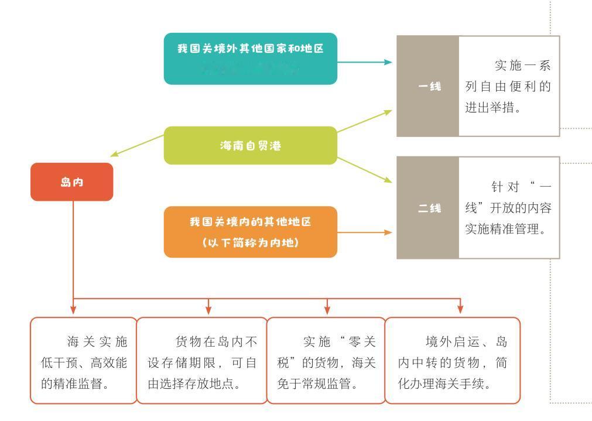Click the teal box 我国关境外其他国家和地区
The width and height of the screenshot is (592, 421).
250,59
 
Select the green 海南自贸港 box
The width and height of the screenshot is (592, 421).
250,145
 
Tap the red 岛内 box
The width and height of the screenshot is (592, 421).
71,182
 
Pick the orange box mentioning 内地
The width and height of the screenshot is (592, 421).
250,232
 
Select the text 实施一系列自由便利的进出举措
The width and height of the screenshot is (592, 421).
508,86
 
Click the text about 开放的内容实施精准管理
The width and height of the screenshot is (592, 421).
508,207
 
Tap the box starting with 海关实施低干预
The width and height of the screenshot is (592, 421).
84,361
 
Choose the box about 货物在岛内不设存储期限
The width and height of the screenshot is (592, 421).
201,361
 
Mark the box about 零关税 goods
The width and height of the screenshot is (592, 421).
326,361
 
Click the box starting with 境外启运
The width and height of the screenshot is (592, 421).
452,361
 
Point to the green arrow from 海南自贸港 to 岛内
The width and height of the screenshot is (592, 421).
137,146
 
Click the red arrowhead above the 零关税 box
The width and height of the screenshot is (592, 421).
327,309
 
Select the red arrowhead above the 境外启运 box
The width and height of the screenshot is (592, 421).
460,309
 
